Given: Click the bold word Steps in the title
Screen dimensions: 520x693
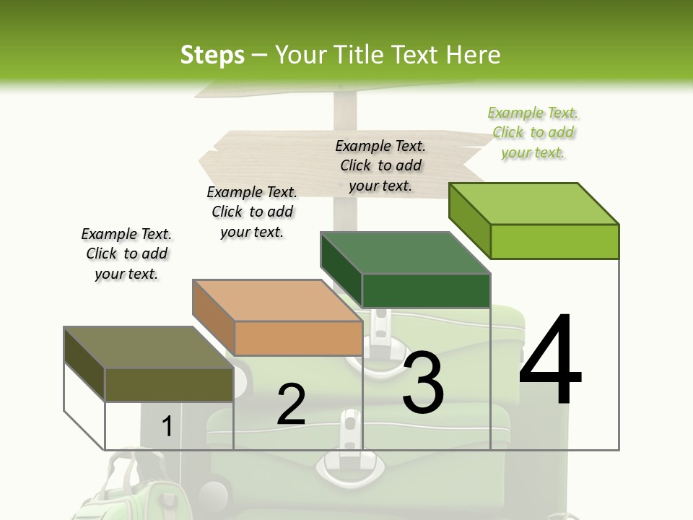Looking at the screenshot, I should (212, 55).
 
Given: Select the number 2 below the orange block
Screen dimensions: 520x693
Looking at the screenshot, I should (291, 404).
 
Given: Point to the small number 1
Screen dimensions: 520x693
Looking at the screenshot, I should (167, 427).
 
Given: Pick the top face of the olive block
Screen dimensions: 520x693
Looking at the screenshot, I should (149, 347).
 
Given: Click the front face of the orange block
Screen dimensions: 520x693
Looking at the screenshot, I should (298, 338).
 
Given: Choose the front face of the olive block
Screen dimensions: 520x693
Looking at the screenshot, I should (169, 384).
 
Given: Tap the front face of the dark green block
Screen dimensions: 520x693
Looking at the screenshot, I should (426, 290).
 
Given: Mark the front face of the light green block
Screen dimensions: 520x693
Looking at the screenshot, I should (554, 241).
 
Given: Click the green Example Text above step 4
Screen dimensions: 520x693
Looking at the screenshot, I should (533, 133).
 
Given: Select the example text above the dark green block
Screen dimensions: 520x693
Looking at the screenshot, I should (380, 165).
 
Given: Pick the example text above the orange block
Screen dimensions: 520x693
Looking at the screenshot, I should (252, 212).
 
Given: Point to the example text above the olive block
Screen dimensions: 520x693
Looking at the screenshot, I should (126, 253).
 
